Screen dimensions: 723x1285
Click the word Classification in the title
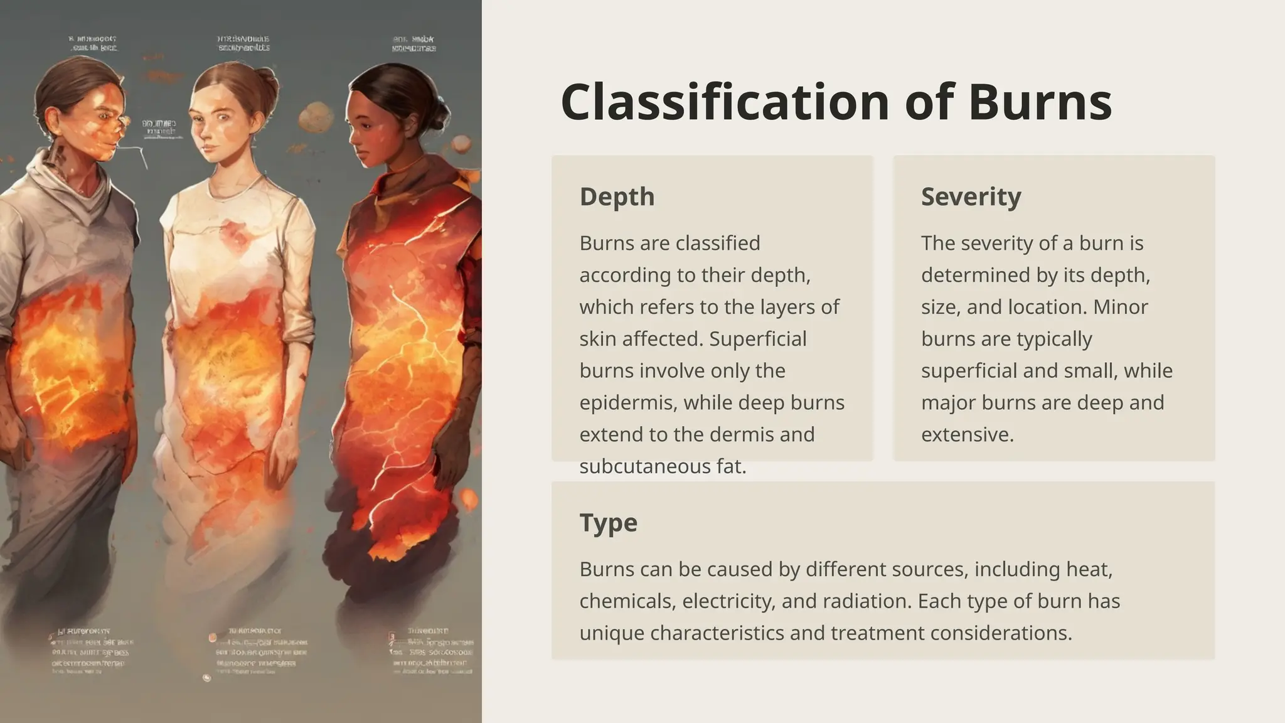[x=725, y=102]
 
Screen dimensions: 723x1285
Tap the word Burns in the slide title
[x=1040, y=102]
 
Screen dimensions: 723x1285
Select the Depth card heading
[x=617, y=196]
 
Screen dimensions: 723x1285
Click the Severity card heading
[x=971, y=196]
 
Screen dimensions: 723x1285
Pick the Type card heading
[x=608, y=522]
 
